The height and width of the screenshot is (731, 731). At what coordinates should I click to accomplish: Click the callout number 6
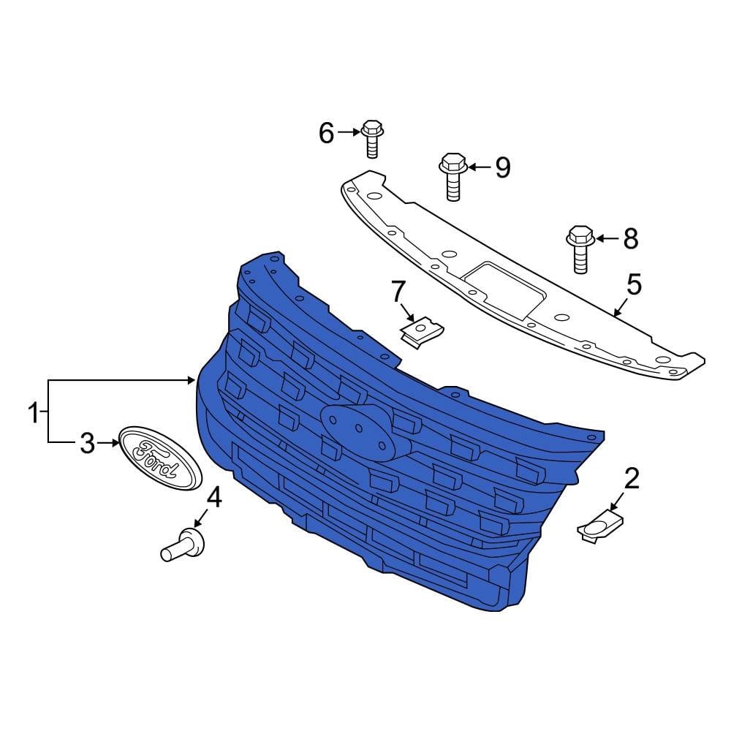(x=326, y=133)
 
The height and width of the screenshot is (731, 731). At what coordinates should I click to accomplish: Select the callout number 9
(x=503, y=167)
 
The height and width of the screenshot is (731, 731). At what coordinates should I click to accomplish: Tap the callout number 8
(x=630, y=239)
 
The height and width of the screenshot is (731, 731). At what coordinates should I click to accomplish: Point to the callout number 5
(x=634, y=284)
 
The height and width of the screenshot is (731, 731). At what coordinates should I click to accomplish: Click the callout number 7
(x=398, y=292)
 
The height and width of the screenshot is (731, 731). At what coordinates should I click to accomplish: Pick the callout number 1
(x=34, y=412)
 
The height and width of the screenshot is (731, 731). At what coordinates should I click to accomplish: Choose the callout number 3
(x=87, y=444)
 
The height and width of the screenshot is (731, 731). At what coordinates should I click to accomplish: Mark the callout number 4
(x=214, y=498)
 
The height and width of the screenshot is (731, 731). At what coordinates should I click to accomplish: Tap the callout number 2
(x=632, y=479)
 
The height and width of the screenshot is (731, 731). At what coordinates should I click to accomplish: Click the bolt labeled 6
(x=372, y=138)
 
